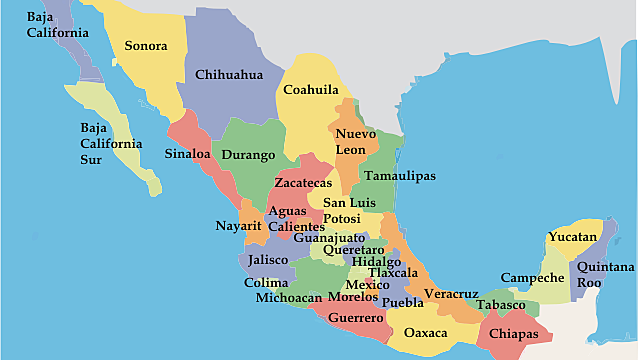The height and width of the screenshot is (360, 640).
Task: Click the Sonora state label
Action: click(x=145, y=46)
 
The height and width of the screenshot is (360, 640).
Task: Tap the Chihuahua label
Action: click(x=229, y=75)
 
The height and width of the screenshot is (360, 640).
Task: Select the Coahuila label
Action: click(x=310, y=89)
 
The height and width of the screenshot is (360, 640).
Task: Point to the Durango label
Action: click(x=247, y=155)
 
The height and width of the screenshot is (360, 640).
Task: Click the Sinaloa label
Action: click(x=188, y=154)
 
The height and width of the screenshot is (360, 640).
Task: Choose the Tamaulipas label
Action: click(x=400, y=175)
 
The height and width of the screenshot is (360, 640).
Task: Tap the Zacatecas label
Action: click(x=303, y=184)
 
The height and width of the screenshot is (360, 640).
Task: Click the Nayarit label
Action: click(x=238, y=225)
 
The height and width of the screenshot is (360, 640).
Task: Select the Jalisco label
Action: click(x=269, y=259)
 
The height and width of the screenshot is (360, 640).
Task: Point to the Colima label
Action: click(x=266, y=282)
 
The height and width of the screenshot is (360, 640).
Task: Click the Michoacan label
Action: click(x=289, y=297)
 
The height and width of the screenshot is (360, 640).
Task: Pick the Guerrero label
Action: click(x=356, y=318)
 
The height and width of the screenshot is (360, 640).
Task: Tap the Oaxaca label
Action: click(x=426, y=333)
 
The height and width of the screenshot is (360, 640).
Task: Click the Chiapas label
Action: click(x=514, y=334)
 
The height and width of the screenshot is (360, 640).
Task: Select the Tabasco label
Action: click(x=500, y=304)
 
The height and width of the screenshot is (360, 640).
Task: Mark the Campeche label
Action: click(x=533, y=277)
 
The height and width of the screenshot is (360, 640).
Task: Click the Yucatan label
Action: click(x=572, y=238)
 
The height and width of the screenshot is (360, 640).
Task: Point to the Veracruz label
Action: click(x=450, y=294)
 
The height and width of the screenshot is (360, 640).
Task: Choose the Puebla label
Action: click(x=403, y=302)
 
